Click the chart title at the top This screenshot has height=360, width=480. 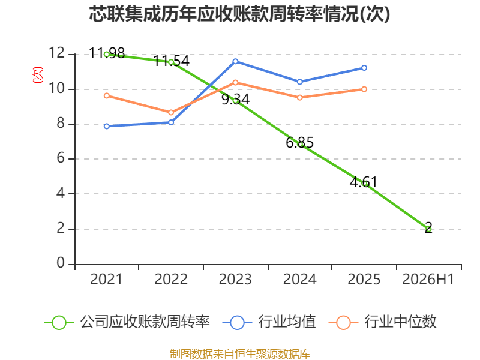pyautogui.click(x=239, y=14)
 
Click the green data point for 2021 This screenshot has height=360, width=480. pyautogui.click(x=107, y=55)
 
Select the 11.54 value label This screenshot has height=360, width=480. pyautogui.click(x=172, y=61)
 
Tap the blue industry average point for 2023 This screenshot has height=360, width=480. pyautogui.click(x=235, y=62)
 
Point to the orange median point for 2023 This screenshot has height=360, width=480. pyautogui.click(x=235, y=83)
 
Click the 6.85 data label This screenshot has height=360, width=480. pyautogui.click(x=299, y=143)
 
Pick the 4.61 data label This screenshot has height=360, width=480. pyautogui.click(x=364, y=182)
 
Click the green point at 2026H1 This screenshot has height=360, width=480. pyautogui.click(x=428, y=229)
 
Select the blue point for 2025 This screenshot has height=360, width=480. pyautogui.click(x=364, y=68)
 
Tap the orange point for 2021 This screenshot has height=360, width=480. pyautogui.click(x=107, y=96)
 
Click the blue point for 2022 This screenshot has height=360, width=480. pyautogui.click(x=171, y=122)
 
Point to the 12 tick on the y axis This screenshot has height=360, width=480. pyautogui.click(x=56, y=53)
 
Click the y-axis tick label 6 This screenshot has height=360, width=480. pyautogui.click(x=61, y=158)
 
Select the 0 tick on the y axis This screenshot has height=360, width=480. pyautogui.click(x=61, y=263)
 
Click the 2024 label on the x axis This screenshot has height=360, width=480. pyautogui.click(x=299, y=279)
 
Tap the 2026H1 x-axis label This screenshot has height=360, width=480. pyautogui.click(x=428, y=279)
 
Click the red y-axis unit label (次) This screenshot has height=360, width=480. pyautogui.click(x=38, y=75)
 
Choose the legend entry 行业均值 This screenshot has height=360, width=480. pyautogui.click(x=269, y=322)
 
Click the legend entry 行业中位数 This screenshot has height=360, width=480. pyautogui.click(x=383, y=322)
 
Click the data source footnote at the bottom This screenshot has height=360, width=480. pyautogui.click(x=240, y=354)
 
